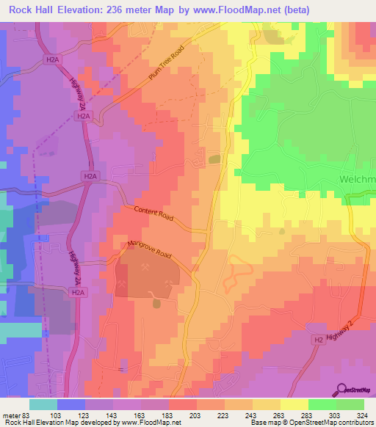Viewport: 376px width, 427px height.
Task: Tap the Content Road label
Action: point(155,213)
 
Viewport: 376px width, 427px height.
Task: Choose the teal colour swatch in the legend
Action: point(43,404)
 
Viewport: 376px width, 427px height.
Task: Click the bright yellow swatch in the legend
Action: point(294,404)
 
